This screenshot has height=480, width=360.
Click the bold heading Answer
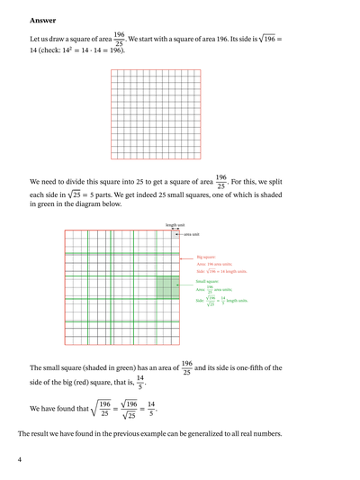click(42, 19)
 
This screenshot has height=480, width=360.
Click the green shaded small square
click(167, 287)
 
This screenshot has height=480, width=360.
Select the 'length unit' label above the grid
click(175, 225)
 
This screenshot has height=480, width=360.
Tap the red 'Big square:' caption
click(205, 257)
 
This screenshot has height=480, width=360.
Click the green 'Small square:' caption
click(208, 281)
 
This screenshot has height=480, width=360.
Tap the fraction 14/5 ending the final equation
click(151, 409)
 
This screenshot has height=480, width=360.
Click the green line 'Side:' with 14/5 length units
click(221, 302)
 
